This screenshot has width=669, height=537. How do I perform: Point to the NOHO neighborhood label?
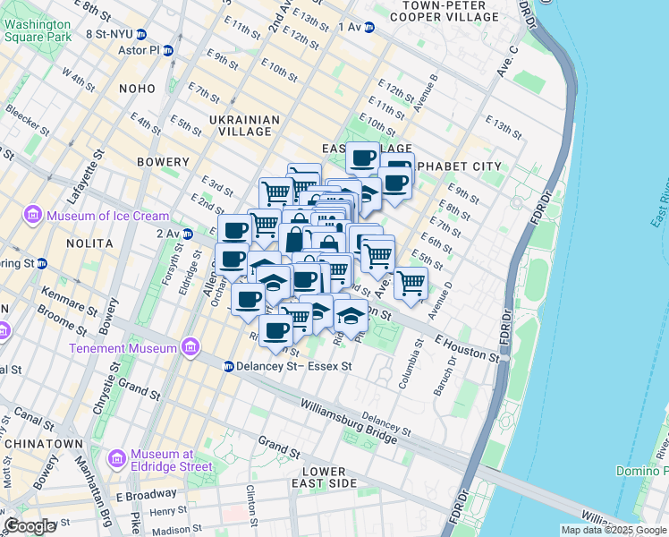[x=137, y=89]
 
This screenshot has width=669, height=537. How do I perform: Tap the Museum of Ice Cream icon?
[x=35, y=216]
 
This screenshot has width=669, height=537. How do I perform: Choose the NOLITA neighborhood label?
[x=89, y=243]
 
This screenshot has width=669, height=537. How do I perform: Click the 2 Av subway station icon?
[x=188, y=234]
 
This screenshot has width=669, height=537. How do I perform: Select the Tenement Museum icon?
[x=189, y=346]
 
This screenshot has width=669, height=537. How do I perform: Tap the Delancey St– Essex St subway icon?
[x=229, y=366]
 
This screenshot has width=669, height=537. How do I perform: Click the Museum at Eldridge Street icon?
[x=116, y=459]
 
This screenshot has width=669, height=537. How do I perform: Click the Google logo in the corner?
[x=30, y=526]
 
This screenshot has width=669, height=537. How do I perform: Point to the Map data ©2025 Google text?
[x=613, y=530]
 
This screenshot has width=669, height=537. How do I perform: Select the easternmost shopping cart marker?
[x=411, y=282]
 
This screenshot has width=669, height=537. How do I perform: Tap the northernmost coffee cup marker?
[x=362, y=158]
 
